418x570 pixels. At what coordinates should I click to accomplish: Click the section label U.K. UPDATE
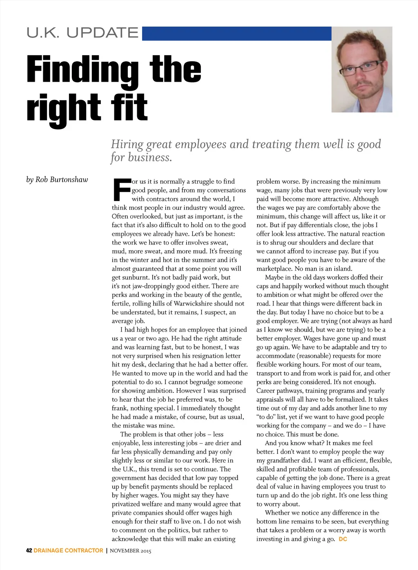[82, 33]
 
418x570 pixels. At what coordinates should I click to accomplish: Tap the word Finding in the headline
[82, 70]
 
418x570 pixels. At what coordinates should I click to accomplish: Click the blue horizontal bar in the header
[236, 33]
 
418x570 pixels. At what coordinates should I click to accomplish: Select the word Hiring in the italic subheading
[127, 145]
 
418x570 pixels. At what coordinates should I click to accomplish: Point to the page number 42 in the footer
[29, 550]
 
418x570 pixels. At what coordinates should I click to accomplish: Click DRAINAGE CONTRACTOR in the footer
[69, 550]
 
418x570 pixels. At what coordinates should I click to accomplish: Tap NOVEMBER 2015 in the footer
[131, 551]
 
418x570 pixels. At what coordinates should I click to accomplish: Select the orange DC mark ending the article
[343, 539]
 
